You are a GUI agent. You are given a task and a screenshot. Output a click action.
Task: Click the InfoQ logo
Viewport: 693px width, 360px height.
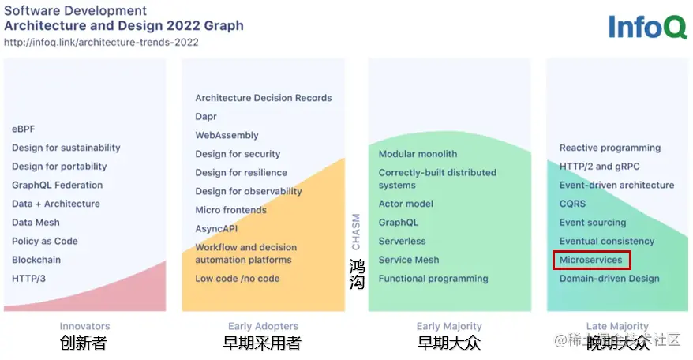[x=647, y=27]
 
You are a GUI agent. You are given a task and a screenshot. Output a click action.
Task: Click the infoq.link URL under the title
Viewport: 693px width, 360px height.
[x=101, y=43]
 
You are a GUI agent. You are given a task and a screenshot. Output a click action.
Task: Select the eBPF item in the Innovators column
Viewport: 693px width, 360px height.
[x=24, y=129]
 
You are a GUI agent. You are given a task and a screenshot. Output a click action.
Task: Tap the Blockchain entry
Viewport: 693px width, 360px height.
[x=36, y=260]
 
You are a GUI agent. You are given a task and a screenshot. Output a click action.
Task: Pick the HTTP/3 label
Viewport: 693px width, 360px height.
[x=28, y=279]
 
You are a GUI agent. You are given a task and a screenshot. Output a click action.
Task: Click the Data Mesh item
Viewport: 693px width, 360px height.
[x=36, y=223]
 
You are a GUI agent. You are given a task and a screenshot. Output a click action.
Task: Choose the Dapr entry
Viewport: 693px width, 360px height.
[x=206, y=117]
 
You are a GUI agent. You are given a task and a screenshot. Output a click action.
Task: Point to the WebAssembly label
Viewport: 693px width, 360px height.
[x=227, y=135]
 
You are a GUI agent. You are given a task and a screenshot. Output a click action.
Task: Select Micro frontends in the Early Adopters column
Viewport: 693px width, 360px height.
[x=230, y=210]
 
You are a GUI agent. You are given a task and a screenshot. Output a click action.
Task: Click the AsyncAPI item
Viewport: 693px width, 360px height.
[x=216, y=229]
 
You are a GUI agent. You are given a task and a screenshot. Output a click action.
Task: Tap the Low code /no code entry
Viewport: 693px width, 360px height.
[x=238, y=279]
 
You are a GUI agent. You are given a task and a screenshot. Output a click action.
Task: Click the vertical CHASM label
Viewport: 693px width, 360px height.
[x=356, y=232]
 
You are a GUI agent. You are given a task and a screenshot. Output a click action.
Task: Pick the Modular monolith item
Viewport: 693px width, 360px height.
[x=418, y=154]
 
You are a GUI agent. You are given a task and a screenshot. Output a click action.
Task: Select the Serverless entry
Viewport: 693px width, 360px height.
[x=403, y=241]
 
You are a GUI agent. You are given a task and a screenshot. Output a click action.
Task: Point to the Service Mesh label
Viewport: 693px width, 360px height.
[x=409, y=260]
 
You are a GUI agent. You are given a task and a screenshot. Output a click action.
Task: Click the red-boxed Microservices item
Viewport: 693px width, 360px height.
[x=591, y=260]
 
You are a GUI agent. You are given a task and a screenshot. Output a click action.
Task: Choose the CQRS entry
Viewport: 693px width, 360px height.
[x=572, y=204]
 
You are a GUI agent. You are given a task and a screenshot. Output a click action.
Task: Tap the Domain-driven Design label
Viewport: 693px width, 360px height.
[x=609, y=279]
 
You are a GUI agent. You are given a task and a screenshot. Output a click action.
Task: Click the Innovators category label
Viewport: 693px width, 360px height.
[x=85, y=326]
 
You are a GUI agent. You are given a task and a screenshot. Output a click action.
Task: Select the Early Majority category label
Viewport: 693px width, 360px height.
[x=449, y=326]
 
